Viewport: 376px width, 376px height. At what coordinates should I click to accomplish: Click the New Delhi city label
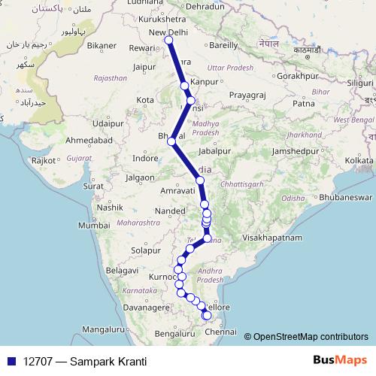[x=168, y=32]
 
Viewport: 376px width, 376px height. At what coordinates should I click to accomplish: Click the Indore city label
[x=145, y=159]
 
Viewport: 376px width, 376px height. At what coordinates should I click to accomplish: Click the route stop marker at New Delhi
[x=170, y=41]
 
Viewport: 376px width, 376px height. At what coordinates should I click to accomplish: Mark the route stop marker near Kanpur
[x=185, y=86]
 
